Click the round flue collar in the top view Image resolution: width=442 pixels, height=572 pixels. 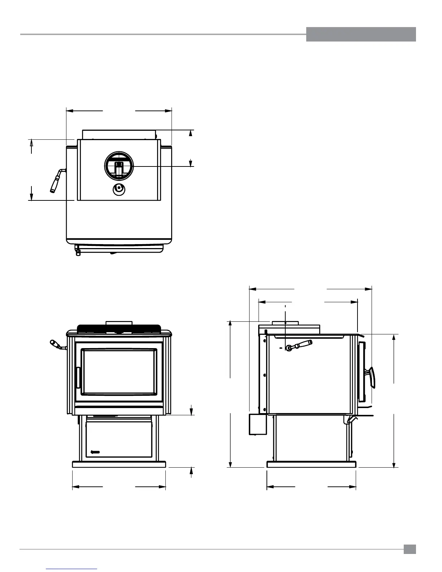tap(119, 166)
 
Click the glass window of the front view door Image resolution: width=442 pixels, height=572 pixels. tap(119, 372)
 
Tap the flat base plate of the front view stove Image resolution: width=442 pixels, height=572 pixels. tap(119, 464)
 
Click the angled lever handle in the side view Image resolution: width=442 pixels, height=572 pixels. tap(299, 345)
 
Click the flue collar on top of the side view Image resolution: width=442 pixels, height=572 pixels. tap(285, 322)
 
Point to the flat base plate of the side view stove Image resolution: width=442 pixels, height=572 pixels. tap(311, 464)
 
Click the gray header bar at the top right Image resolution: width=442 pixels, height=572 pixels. tap(361, 34)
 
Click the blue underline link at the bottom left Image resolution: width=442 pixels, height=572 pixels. tap(72, 569)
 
